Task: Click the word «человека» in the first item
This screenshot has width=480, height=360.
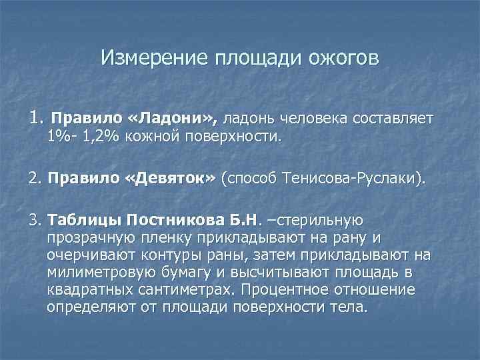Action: tap(321, 119)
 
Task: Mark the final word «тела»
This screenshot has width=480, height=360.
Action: tap(351, 308)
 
